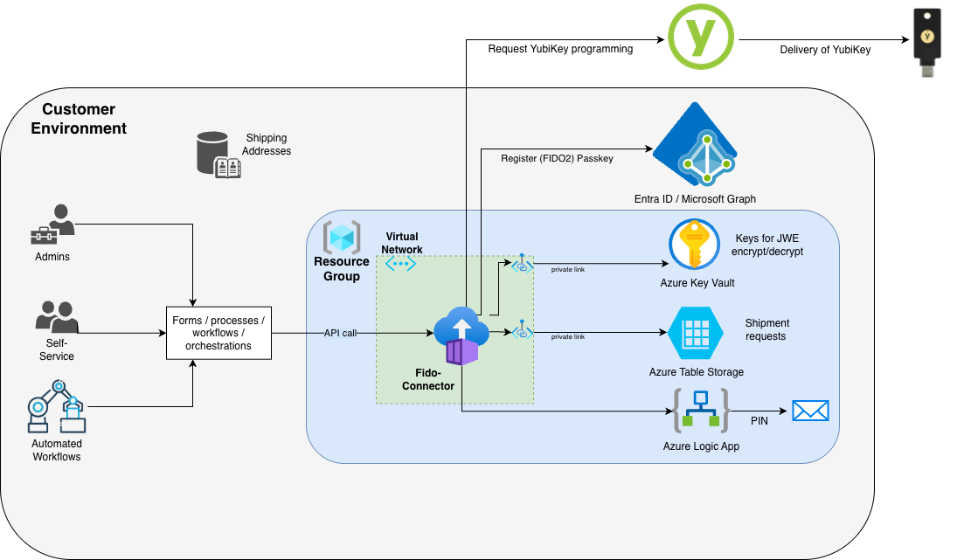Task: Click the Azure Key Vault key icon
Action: [x=694, y=244]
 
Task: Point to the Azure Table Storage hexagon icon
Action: [x=696, y=333]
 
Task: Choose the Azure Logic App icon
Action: [x=700, y=410]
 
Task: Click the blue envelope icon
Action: [x=809, y=411]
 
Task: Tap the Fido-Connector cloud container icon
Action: [x=457, y=337]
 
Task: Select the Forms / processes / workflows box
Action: [x=218, y=333]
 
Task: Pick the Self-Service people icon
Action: [x=58, y=317]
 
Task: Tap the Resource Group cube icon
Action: [x=341, y=238]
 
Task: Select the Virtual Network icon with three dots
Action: [x=401, y=263]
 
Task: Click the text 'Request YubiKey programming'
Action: [x=560, y=49]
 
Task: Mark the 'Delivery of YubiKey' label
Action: [x=825, y=50]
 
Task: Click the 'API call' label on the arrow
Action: [x=340, y=333]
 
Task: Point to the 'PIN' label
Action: [x=759, y=421]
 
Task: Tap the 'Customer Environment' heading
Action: [x=79, y=119]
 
